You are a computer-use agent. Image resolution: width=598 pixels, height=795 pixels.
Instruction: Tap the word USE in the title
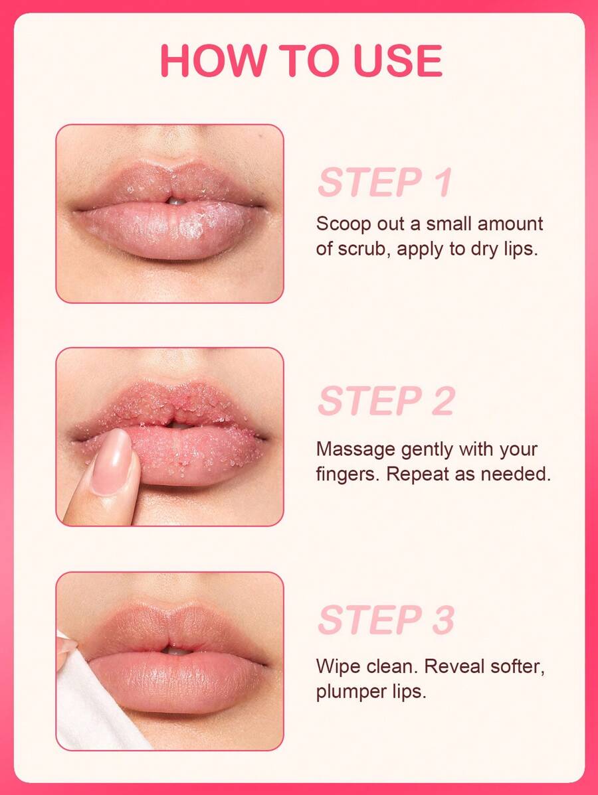[397, 61]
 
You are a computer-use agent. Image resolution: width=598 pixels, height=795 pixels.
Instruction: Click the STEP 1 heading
[385, 182]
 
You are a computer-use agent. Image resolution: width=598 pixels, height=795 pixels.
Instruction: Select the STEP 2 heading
[386, 401]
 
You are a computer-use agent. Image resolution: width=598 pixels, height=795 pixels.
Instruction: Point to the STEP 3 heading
[386, 620]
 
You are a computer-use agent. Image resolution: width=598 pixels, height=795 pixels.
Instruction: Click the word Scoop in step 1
[344, 224]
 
